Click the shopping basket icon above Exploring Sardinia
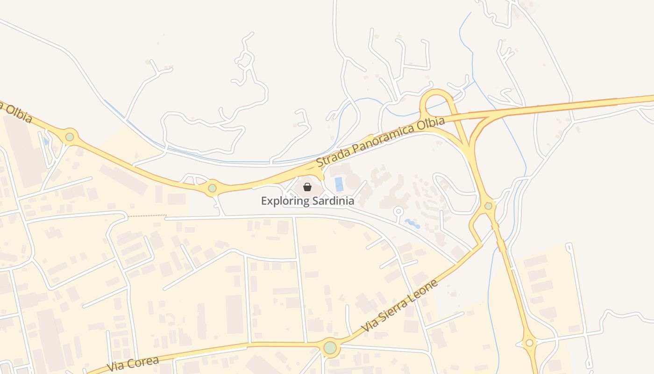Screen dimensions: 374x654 click(x=307, y=187)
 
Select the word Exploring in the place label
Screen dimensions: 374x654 click(x=285, y=201)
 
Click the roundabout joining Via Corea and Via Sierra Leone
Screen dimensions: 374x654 click(x=330, y=348)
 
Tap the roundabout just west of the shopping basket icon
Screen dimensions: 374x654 click(x=213, y=188)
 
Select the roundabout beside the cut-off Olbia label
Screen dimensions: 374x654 click(x=70, y=137)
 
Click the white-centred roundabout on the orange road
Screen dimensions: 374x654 click(x=529, y=343)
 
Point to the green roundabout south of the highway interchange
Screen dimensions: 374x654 click(x=488, y=206)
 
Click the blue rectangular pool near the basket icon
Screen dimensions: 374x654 click(x=339, y=184)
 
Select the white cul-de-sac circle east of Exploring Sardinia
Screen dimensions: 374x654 click(x=398, y=211)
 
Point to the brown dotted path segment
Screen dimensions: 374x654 click(x=147, y=216)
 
